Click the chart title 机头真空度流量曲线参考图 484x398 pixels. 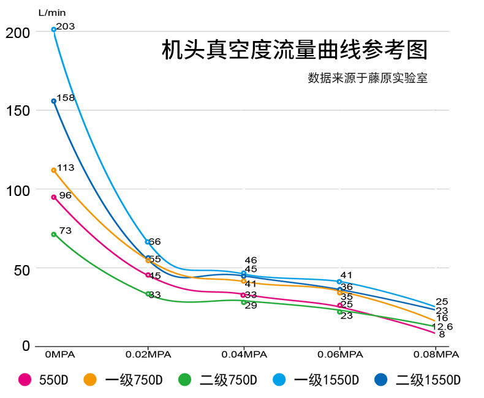point(294,51)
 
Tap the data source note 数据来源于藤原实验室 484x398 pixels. point(368,78)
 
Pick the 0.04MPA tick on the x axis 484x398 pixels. point(243,354)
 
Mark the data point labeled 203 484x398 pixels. point(54,29)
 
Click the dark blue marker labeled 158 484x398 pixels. point(54,101)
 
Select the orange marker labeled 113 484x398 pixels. point(54,170)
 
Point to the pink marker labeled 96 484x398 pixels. point(54,197)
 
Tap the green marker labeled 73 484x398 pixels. point(54,234)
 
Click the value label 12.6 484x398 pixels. point(442,327)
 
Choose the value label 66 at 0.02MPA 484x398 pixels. point(154,242)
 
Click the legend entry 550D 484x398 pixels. point(53,380)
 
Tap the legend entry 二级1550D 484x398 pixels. point(428,380)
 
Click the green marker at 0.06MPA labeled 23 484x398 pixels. point(339,312)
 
